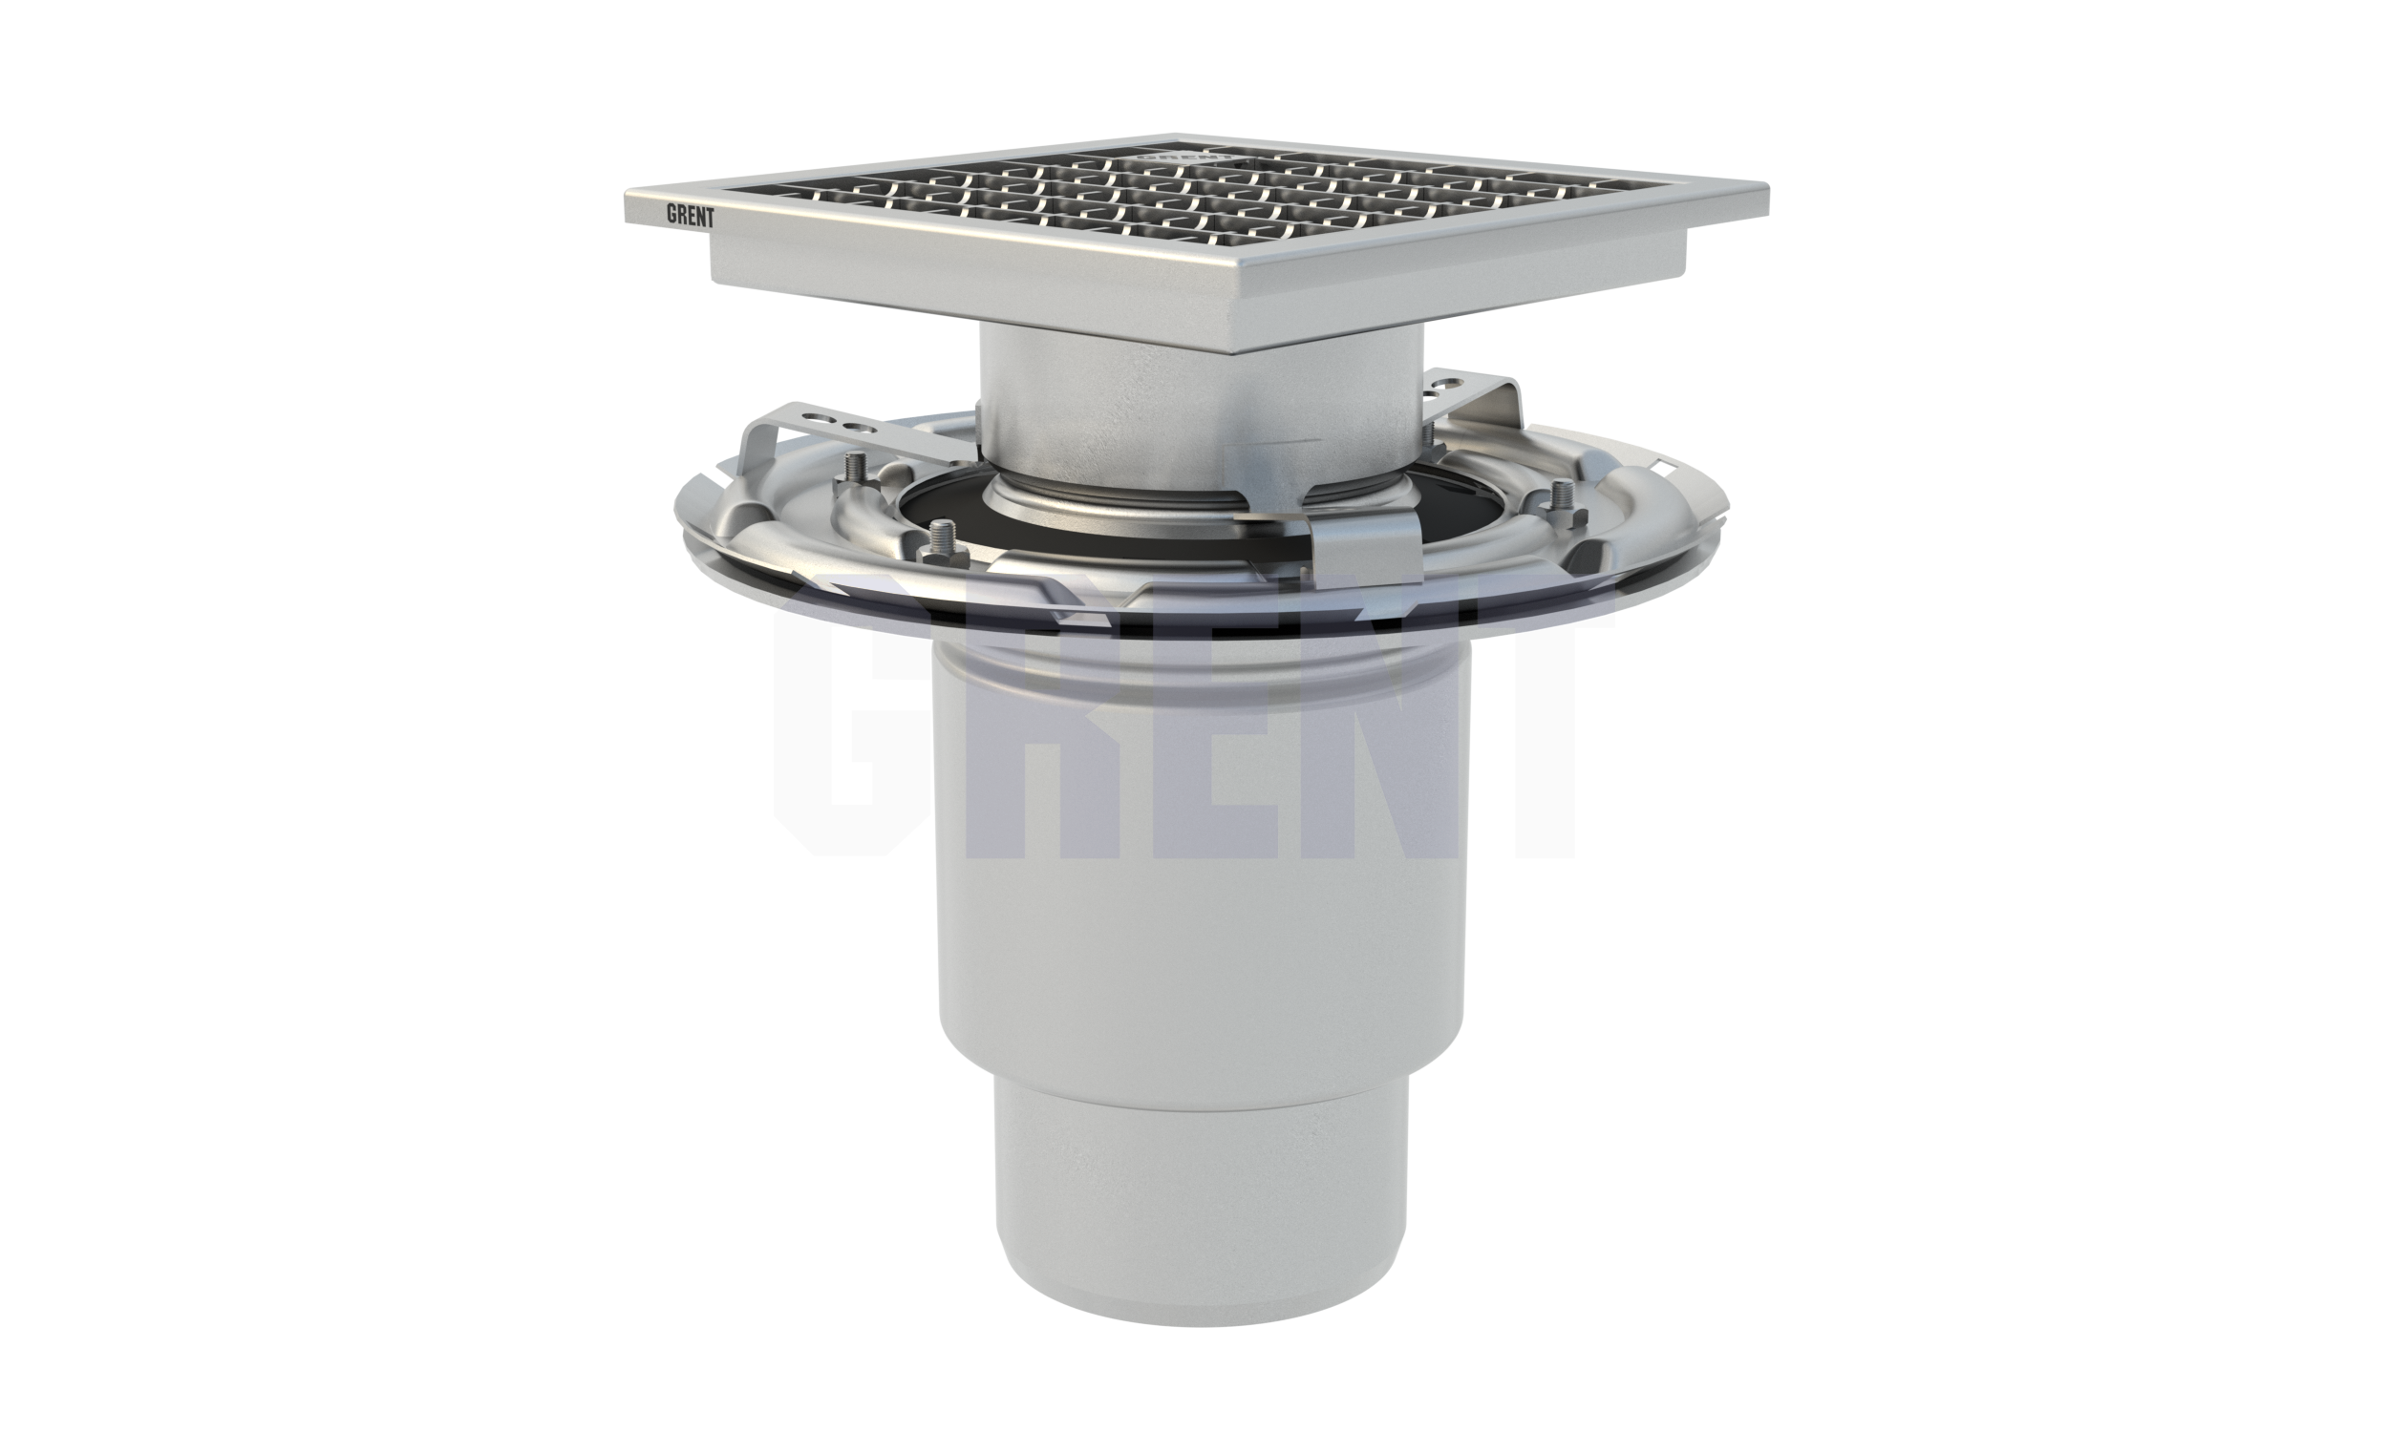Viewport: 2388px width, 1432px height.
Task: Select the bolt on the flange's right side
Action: coord(1560,501)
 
